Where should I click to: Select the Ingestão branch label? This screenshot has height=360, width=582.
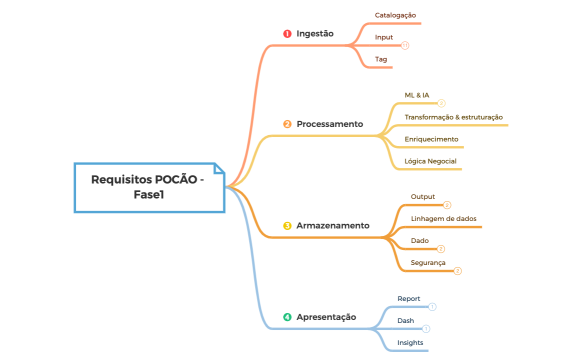[x=315, y=34]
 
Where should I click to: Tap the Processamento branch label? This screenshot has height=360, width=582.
[x=329, y=124]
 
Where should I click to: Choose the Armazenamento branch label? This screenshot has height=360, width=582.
[x=333, y=226]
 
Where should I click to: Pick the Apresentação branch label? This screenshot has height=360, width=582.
[x=326, y=317]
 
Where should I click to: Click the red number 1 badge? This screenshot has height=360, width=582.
[x=287, y=34]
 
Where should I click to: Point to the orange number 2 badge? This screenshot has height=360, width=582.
[x=287, y=124]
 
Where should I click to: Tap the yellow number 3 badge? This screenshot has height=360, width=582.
[x=287, y=226]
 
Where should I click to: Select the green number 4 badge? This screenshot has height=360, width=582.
[x=287, y=317]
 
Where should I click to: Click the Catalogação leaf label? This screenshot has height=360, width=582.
[x=395, y=16]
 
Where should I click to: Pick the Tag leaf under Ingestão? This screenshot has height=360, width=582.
[x=381, y=59]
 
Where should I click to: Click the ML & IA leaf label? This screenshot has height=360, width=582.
[x=417, y=95]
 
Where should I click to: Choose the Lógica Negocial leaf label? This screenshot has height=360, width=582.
[x=429, y=160]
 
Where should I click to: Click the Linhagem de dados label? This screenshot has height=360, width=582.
[x=443, y=218]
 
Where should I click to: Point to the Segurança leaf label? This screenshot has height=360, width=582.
[x=428, y=262]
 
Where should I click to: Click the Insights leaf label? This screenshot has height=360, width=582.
[x=410, y=342]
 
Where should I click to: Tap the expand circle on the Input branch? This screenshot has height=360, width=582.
[x=405, y=45]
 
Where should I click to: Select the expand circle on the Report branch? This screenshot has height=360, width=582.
[x=433, y=307]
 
